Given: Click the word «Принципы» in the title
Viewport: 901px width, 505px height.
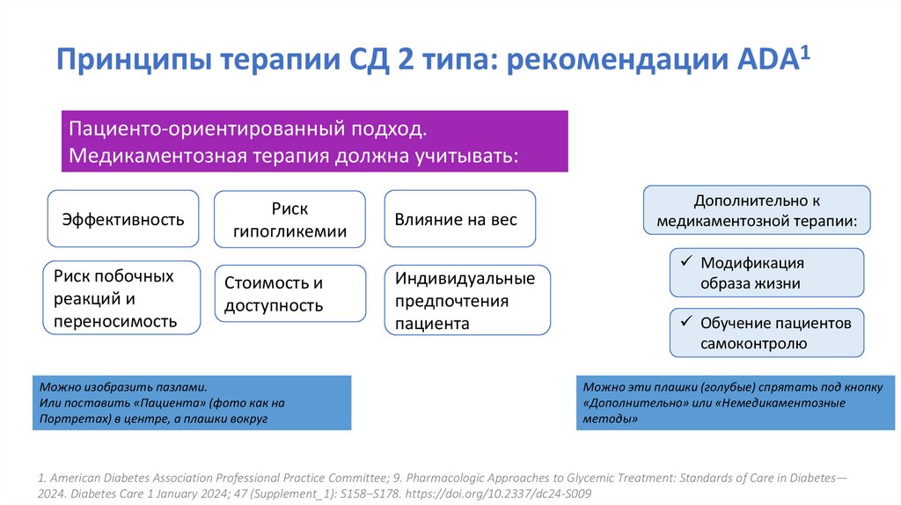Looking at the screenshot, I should (134, 64).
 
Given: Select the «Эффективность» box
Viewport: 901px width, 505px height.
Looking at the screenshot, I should (122, 219).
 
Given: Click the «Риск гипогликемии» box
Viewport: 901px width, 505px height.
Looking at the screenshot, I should (289, 220).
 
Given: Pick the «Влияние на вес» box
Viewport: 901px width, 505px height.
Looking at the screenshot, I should (459, 219).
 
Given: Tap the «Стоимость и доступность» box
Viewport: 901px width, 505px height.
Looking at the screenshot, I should (289, 294).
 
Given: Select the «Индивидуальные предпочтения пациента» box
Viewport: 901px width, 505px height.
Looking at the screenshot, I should (466, 301).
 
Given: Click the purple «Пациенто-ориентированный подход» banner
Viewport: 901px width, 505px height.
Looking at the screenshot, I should (314, 141).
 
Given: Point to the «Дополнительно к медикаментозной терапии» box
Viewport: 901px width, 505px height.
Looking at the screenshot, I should (757, 210).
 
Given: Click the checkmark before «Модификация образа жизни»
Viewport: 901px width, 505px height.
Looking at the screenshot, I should (685, 262).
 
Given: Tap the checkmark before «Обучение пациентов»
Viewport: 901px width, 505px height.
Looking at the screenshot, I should (685, 323).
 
